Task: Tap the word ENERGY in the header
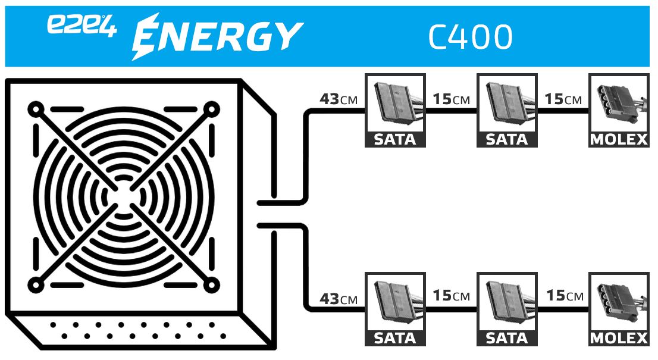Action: [217, 36]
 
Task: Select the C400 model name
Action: [470, 37]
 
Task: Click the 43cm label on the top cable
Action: [339, 99]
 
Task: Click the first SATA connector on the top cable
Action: [394, 110]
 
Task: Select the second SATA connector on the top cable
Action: [507, 110]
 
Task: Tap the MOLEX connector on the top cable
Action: [618, 110]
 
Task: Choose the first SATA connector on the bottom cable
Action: [394, 309]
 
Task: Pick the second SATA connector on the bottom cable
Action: [507, 309]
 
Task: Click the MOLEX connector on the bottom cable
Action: [618, 309]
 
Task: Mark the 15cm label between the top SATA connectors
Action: [451, 99]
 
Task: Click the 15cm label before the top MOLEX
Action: [563, 99]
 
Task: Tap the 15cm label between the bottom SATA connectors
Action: [451, 296]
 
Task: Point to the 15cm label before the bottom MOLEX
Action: [563, 296]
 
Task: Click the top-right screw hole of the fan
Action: [210, 110]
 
